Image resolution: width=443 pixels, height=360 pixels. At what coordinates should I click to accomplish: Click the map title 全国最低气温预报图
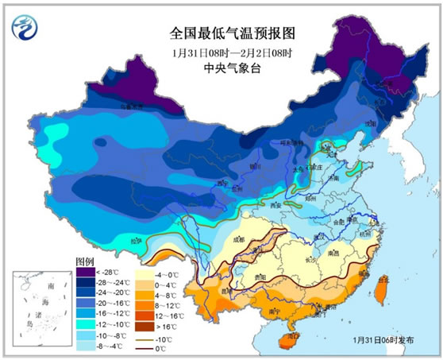tap(221, 34)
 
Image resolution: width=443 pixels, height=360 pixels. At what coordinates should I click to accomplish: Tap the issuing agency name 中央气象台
tap(221, 69)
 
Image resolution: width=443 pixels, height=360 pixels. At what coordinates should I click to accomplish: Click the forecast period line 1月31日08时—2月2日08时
tap(221, 52)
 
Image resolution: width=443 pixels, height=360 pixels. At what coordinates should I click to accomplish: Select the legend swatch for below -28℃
tap(85, 272)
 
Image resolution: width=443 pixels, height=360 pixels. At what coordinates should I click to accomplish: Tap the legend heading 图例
tap(85, 261)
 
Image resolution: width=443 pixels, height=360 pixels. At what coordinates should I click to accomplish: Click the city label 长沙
tap(310, 260)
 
